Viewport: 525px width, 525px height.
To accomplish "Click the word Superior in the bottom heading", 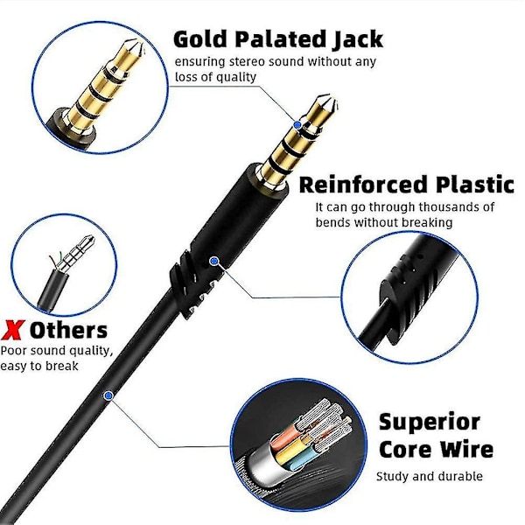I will (x=429, y=422).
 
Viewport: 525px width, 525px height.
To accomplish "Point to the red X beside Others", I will (x=12, y=330).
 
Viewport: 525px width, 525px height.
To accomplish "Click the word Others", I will (x=68, y=330).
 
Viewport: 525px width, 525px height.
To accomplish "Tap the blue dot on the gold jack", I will (x=297, y=125).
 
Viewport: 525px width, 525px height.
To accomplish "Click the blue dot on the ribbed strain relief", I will (x=213, y=260).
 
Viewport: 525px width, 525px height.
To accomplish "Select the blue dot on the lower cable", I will (x=108, y=395).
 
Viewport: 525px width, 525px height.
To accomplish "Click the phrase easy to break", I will (x=40, y=366).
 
